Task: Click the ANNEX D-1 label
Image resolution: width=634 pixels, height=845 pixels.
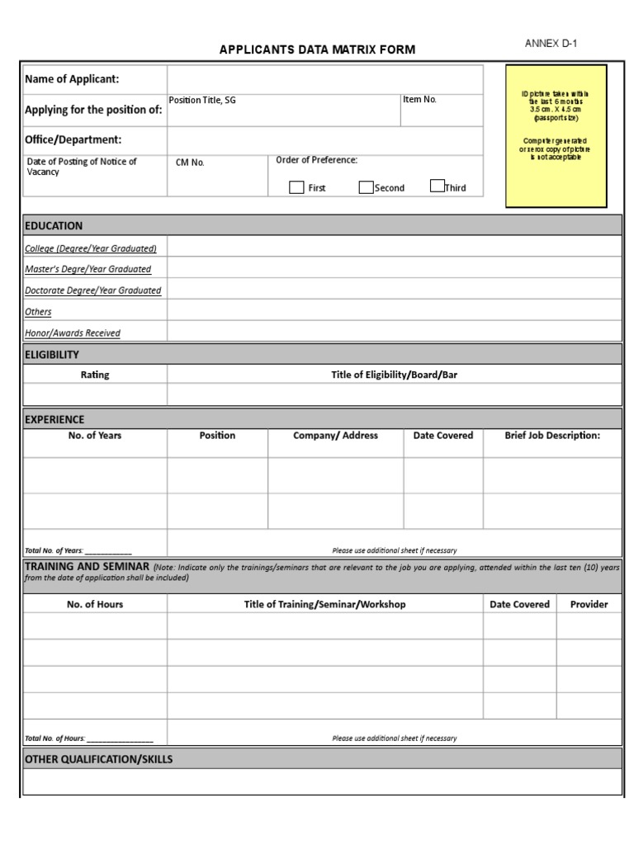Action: coord(551,44)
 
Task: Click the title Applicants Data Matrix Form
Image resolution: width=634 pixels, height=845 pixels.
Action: coord(317,50)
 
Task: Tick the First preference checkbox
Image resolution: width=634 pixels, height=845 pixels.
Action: coord(296,187)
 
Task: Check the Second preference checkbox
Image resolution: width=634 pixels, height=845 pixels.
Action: coord(366,187)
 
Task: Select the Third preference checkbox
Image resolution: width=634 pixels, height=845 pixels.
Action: coord(438,186)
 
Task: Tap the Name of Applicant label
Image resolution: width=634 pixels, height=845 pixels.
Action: coord(72,79)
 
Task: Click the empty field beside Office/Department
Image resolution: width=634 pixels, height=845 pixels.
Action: coord(324,140)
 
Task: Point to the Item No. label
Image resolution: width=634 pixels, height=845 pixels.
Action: coord(419,100)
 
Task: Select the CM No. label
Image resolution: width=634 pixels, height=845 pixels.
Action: coord(190,163)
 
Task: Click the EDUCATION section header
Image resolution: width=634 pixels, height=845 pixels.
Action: coord(54,225)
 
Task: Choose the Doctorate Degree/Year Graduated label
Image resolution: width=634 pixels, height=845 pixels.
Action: coord(93,290)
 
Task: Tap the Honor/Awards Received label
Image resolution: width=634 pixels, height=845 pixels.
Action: coord(73,333)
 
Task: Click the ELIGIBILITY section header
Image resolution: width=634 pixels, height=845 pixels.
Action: coord(52,355)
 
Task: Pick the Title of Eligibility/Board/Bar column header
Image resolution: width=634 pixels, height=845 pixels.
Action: coord(394,375)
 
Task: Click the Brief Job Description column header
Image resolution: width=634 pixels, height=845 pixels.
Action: coord(552,436)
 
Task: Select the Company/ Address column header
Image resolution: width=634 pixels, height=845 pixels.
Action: coord(335,436)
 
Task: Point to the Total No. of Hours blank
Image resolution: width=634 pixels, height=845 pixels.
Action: coord(120,739)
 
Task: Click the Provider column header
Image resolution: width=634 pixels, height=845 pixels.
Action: coord(589,604)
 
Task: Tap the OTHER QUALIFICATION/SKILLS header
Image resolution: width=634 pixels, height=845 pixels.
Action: coord(99,759)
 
